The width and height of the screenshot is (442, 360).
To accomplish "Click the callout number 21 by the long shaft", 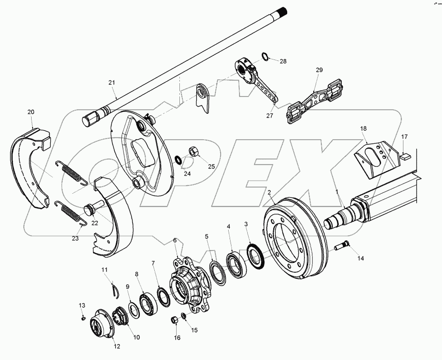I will [x=111, y=83].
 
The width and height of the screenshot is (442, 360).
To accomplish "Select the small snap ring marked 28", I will [x=265, y=57].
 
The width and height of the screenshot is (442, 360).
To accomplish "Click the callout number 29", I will [x=319, y=70].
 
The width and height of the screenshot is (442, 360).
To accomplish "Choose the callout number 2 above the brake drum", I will [x=269, y=191].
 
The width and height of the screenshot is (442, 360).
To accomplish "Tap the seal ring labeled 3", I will [x=255, y=255].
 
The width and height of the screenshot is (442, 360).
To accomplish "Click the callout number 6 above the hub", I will [x=175, y=240].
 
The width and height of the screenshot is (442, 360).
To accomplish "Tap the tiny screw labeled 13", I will [x=82, y=318].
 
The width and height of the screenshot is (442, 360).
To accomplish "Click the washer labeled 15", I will [x=184, y=316].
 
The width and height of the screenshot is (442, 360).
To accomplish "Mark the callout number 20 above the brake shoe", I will [x=31, y=112].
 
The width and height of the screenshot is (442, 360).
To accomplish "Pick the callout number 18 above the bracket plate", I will [x=363, y=128].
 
